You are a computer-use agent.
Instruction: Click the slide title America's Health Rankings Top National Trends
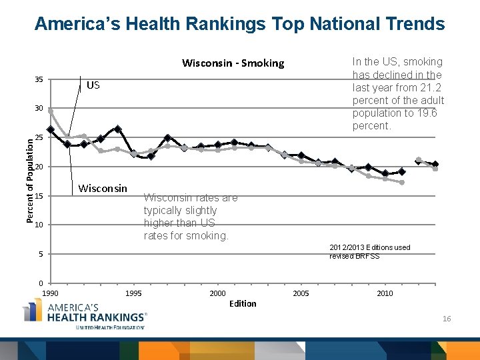[239, 25]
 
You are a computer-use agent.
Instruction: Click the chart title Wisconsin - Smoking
[233, 63]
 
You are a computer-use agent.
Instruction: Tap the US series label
[93, 85]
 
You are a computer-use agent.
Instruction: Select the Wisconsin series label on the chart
[103, 188]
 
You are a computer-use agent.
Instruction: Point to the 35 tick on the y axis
[39, 80]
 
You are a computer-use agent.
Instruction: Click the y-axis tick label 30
[39, 109]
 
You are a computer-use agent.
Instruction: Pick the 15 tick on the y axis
[39, 197]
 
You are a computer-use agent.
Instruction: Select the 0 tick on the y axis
[41, 283]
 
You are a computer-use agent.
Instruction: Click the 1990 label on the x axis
[51, 293]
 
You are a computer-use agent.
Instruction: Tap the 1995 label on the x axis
[133, 293]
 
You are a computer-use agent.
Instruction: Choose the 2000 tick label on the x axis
[217, 293]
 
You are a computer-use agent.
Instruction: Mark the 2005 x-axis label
[301, 293]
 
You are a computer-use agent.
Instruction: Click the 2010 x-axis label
[385, 293]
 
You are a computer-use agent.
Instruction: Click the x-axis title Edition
[242, 304]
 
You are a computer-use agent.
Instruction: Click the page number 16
[447, 319]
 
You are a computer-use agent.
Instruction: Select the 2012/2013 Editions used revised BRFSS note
[369, 252]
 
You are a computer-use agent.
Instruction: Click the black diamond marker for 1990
[51, 129]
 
